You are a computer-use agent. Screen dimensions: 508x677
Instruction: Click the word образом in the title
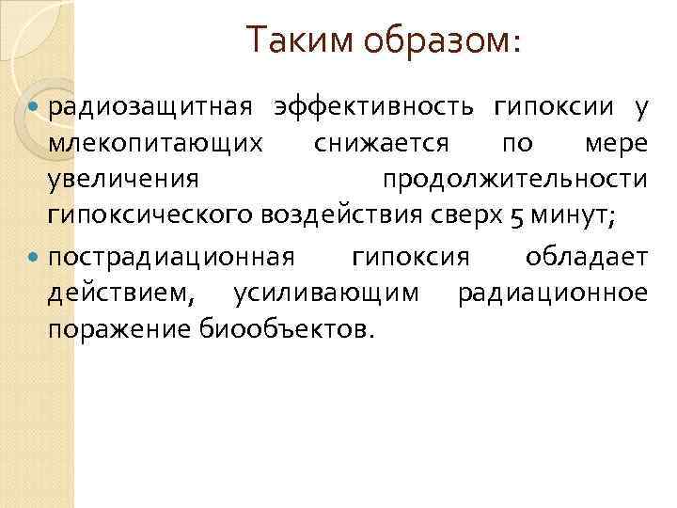click(x=423, y=40)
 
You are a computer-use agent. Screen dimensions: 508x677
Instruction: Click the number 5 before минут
click(x=517, y=216)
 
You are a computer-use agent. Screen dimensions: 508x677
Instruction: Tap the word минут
click(x=573, y=216)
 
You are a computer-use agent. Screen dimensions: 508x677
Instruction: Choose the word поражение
click(x=121, y=330)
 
